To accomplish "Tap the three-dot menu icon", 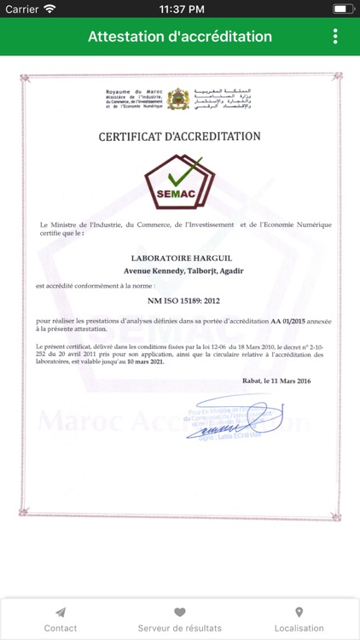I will click(335, 37).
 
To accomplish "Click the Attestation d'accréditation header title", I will click(180, 37).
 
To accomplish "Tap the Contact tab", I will click(61, 620).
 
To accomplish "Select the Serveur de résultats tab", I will click(180, 620).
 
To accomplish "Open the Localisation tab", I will click(299, 620).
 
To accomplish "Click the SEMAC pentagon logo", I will click(179, 180).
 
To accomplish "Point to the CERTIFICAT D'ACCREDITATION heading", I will click(179, 136).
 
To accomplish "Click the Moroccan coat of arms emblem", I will click(178, 99).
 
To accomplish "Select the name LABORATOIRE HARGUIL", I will click(179, 257).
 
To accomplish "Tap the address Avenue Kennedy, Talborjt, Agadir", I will click(179, 271).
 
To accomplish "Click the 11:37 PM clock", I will click(179, 9).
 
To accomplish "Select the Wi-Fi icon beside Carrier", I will click(49, 9).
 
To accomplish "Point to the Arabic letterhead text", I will click(224, 99).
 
